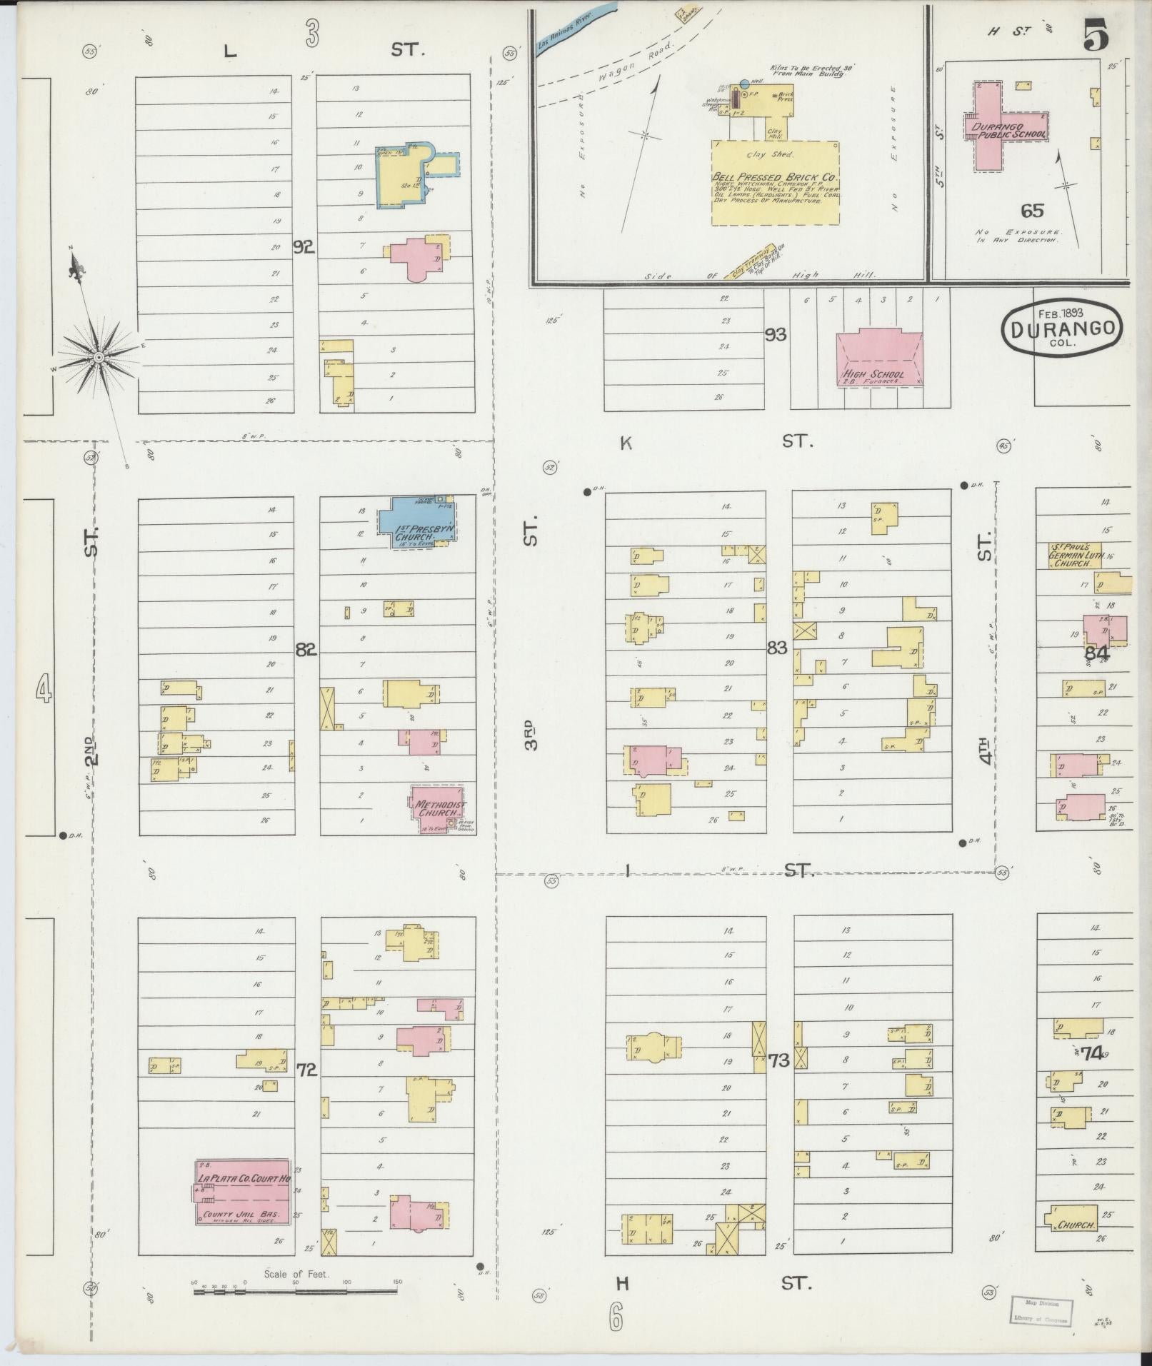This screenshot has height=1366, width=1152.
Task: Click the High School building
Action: pos(878,358)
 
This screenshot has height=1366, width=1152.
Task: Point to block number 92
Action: pos(304,248)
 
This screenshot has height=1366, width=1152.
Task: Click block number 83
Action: pos(776,648)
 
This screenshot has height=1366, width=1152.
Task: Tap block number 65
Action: pos(1032,210)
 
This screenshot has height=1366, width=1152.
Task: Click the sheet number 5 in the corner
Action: pos(1095,36)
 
